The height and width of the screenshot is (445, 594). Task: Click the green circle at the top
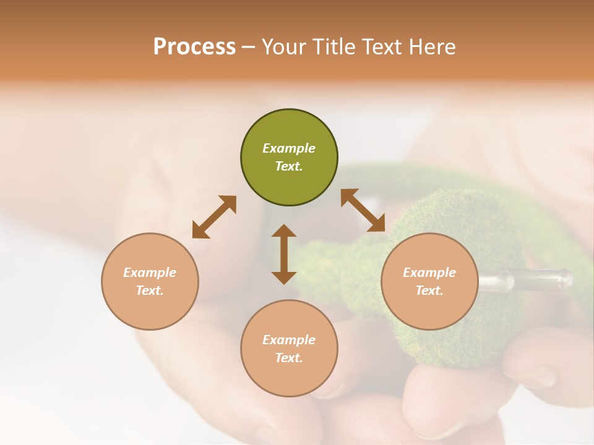pos(289,158)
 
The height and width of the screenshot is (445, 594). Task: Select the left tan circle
pos(150,281)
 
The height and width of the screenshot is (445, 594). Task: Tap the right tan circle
pos(429,281)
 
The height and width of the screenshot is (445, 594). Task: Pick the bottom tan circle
pos(289,349)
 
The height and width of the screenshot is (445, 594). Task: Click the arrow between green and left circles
pos(214,217)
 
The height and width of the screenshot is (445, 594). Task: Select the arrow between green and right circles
pos(363,210)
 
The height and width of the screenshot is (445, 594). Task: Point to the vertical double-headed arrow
pos(284,254)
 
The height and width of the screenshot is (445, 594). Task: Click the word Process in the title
pos(194,47)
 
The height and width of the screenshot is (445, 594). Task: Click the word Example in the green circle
pos(289,148)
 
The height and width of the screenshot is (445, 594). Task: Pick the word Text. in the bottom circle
pos(289,358)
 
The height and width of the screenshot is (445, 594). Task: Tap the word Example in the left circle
pos(150,273)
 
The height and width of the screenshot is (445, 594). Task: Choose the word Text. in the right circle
pos(429,290)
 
